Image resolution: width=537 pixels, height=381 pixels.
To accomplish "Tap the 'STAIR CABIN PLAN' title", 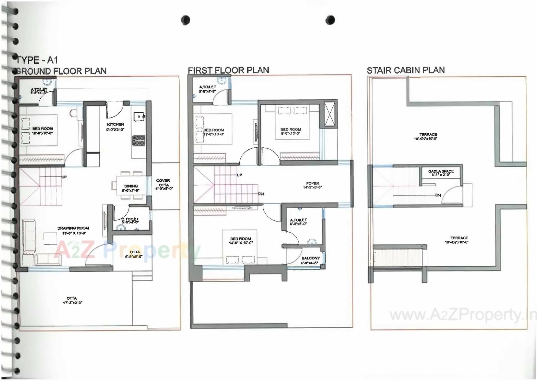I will (x=405, y=70).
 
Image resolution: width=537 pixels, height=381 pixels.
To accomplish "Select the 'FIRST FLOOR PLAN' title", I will (x=228, y=70).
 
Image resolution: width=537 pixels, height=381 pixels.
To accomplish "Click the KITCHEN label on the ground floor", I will (x=115, y=125).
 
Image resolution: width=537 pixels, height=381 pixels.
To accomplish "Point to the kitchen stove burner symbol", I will (x=138, y=140).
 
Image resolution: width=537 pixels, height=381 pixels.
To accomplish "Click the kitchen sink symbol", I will (x=139, y=117).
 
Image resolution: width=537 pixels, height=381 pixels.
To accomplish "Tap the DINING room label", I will (x=131, y=186).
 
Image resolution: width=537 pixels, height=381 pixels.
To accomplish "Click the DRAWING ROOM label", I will (x=73, y=228).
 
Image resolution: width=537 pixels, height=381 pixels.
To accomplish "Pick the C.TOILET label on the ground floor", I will (x=130, y=219).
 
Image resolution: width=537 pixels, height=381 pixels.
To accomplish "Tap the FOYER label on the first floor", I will (x=312, y=183).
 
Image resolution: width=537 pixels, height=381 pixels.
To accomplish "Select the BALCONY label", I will (x=310, y=258).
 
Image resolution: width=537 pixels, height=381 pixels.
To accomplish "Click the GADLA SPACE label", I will (x=441, y=171).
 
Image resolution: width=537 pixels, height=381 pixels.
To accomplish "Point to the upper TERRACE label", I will (x=428, y=135).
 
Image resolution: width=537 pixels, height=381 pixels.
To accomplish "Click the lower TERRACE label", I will (x=459, y=238).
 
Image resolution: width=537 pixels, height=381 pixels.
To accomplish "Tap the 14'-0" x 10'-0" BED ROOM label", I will (x=241, y=239).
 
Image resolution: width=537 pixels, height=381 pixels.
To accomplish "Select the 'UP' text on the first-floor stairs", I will (x=239, y=175).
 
